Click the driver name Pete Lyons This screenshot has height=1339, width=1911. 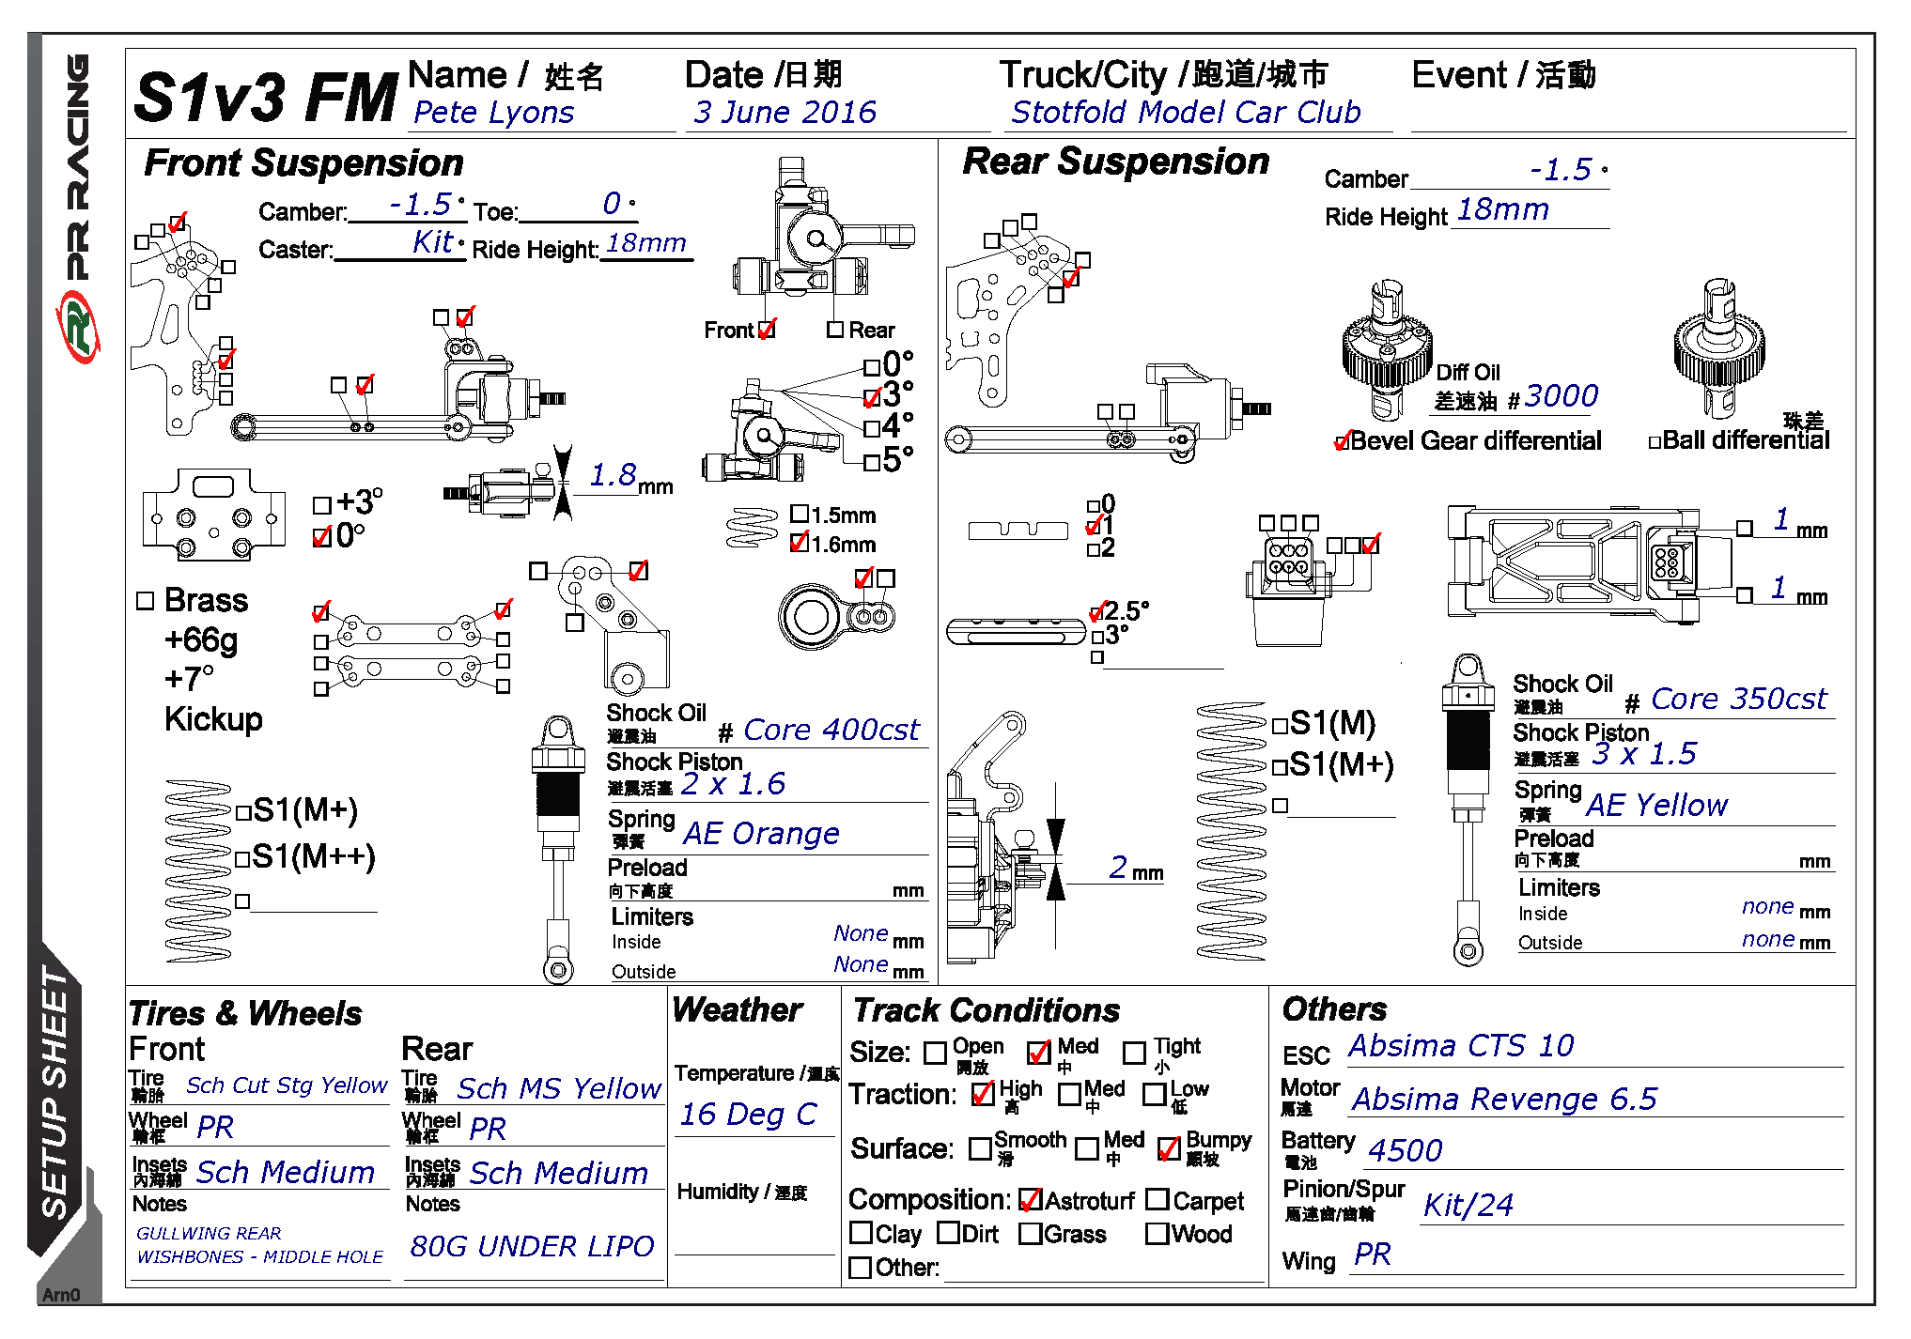click(493, 113)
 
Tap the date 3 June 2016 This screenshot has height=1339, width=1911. click(785, 113)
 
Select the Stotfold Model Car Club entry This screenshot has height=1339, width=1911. click(1186, 113)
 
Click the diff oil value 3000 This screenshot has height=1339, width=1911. click(1561, 396)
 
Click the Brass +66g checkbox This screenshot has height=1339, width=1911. click(145, 601)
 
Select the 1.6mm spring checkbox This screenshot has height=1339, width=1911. click(800, 543)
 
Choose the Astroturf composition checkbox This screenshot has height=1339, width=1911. click(1030, 1201)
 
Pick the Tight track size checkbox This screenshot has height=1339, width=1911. click(1134, 1054)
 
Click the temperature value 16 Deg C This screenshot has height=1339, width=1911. click(748, 1115)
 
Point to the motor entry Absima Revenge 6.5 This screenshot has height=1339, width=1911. click(1504, 1099)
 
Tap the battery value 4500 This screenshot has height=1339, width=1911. click(1405, 1150)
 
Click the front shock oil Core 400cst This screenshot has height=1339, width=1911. click(831, 730)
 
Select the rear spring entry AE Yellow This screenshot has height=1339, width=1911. click(1656, 805)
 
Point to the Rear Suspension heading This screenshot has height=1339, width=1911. click(1115, 162)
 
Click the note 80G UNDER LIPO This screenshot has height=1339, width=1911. click(532, 1246)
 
